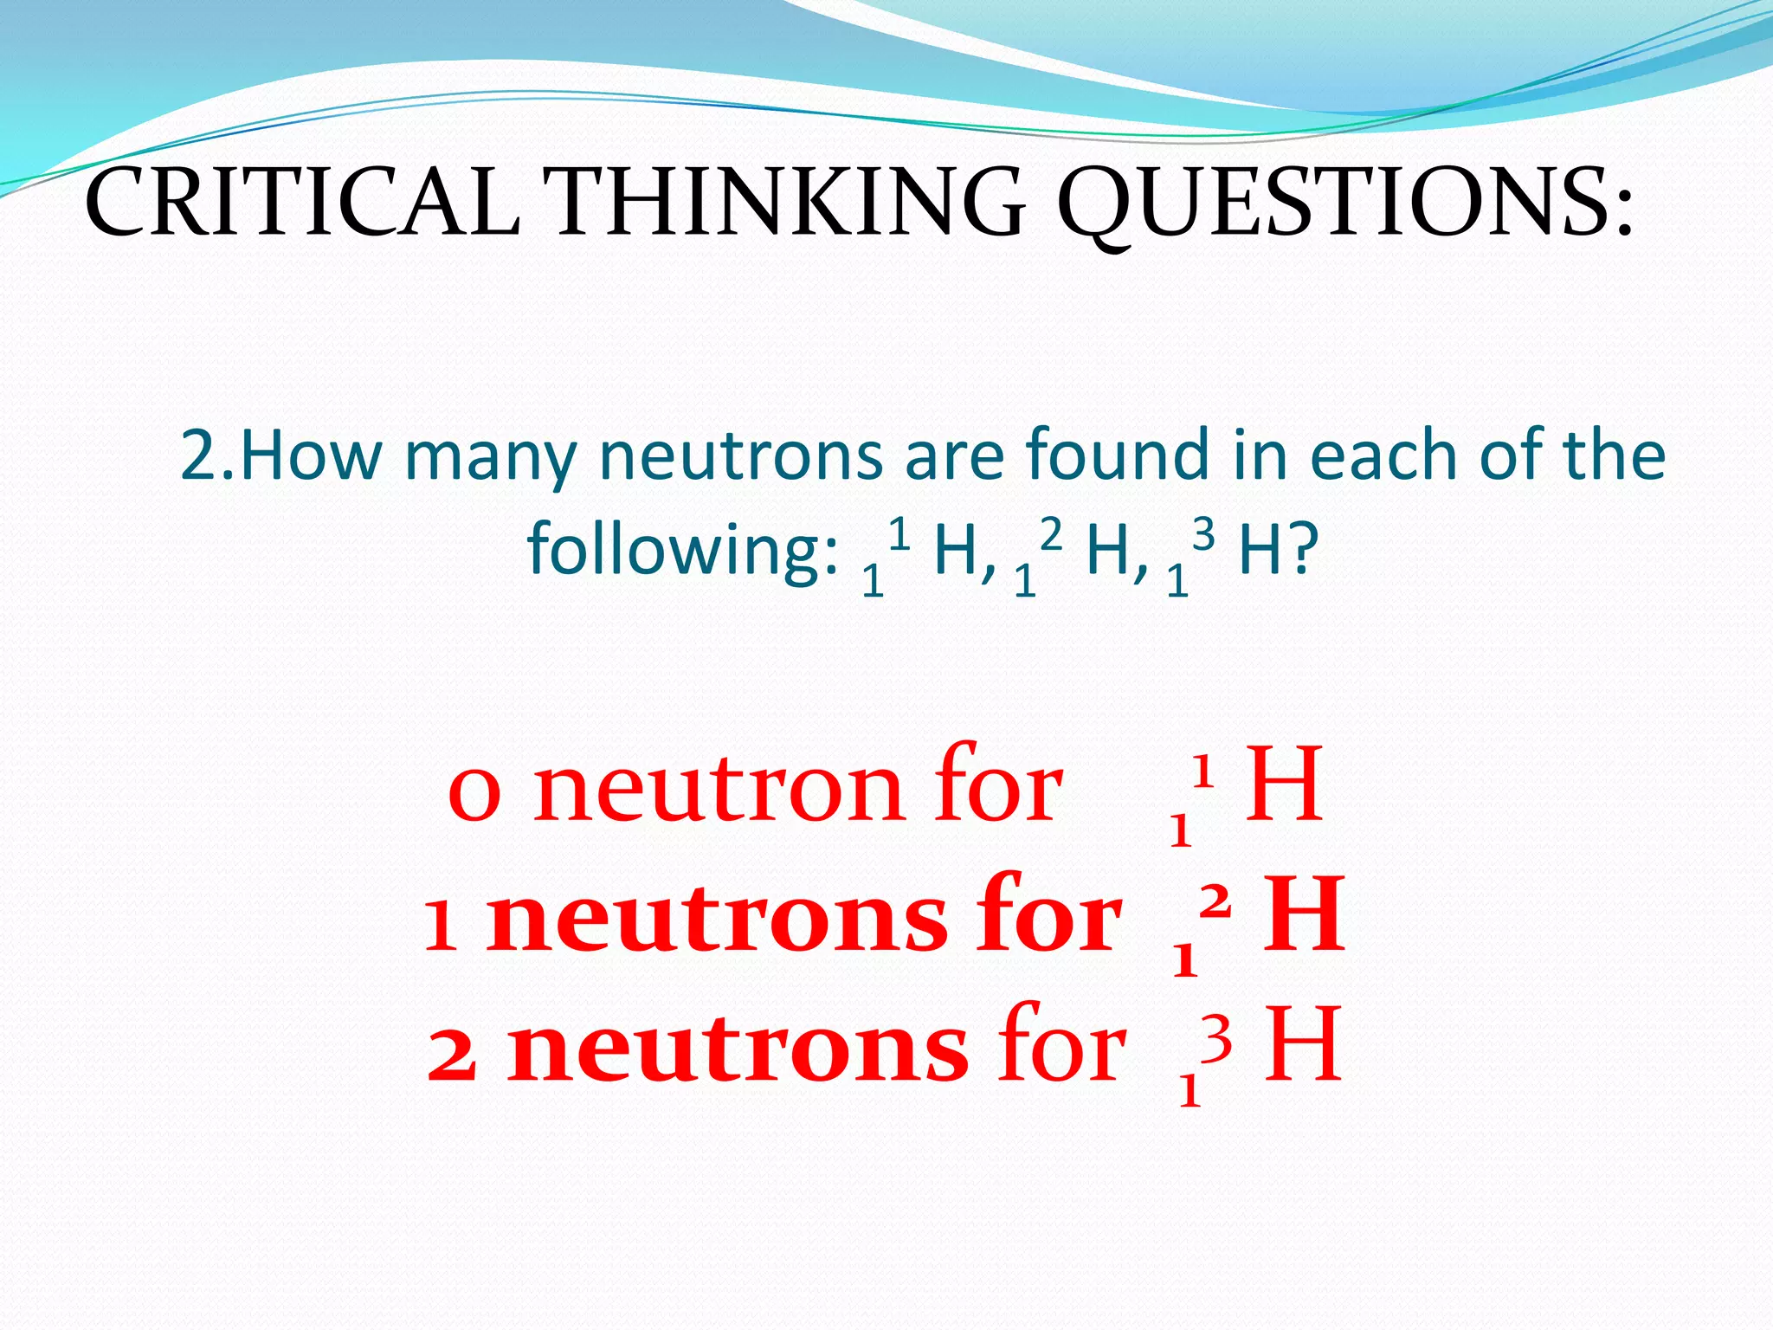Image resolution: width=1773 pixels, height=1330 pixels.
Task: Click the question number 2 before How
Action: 201,456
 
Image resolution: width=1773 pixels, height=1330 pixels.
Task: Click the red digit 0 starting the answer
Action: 474,793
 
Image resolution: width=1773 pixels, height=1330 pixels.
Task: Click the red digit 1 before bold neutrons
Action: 441,926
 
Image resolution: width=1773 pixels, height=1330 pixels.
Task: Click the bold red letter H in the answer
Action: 1304,914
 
